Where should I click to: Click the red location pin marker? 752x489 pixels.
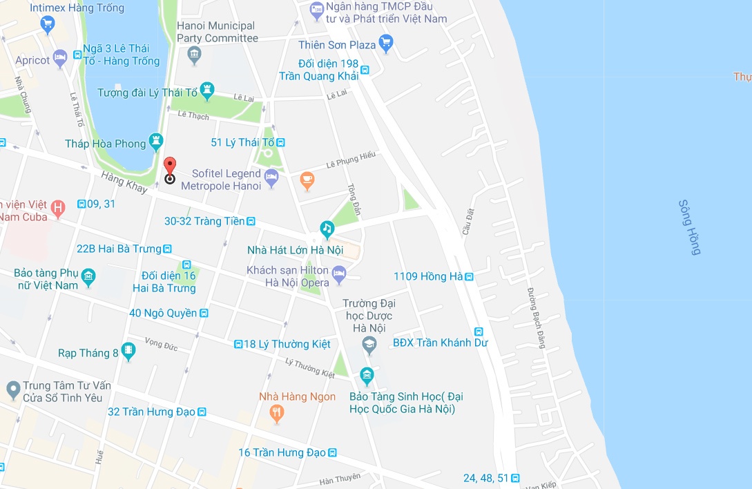(x=170, y=166)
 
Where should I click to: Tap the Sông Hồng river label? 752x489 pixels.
(x=689, y=227)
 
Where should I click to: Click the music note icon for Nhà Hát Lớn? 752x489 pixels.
(x=327, y=228)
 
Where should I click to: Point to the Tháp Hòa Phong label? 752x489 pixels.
(x=106, y=144)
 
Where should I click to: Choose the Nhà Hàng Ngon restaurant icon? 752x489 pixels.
(x=277, y=413)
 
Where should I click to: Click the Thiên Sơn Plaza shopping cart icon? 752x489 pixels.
(x=386, y=45)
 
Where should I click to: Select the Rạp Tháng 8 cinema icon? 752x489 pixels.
(x=128, y=352)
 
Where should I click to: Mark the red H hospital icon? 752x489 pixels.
(x=59, y=207)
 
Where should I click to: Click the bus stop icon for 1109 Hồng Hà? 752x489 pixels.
(x=469, y=277)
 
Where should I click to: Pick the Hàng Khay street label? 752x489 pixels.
(x=124, y=182)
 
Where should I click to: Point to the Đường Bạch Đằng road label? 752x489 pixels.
(x=537, y=317)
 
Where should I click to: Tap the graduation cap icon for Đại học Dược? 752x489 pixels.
(x=369, y=343)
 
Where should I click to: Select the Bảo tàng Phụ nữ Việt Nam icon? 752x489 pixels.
(x=88, y=278)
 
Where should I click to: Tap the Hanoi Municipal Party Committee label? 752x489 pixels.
(x=217, y=32)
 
